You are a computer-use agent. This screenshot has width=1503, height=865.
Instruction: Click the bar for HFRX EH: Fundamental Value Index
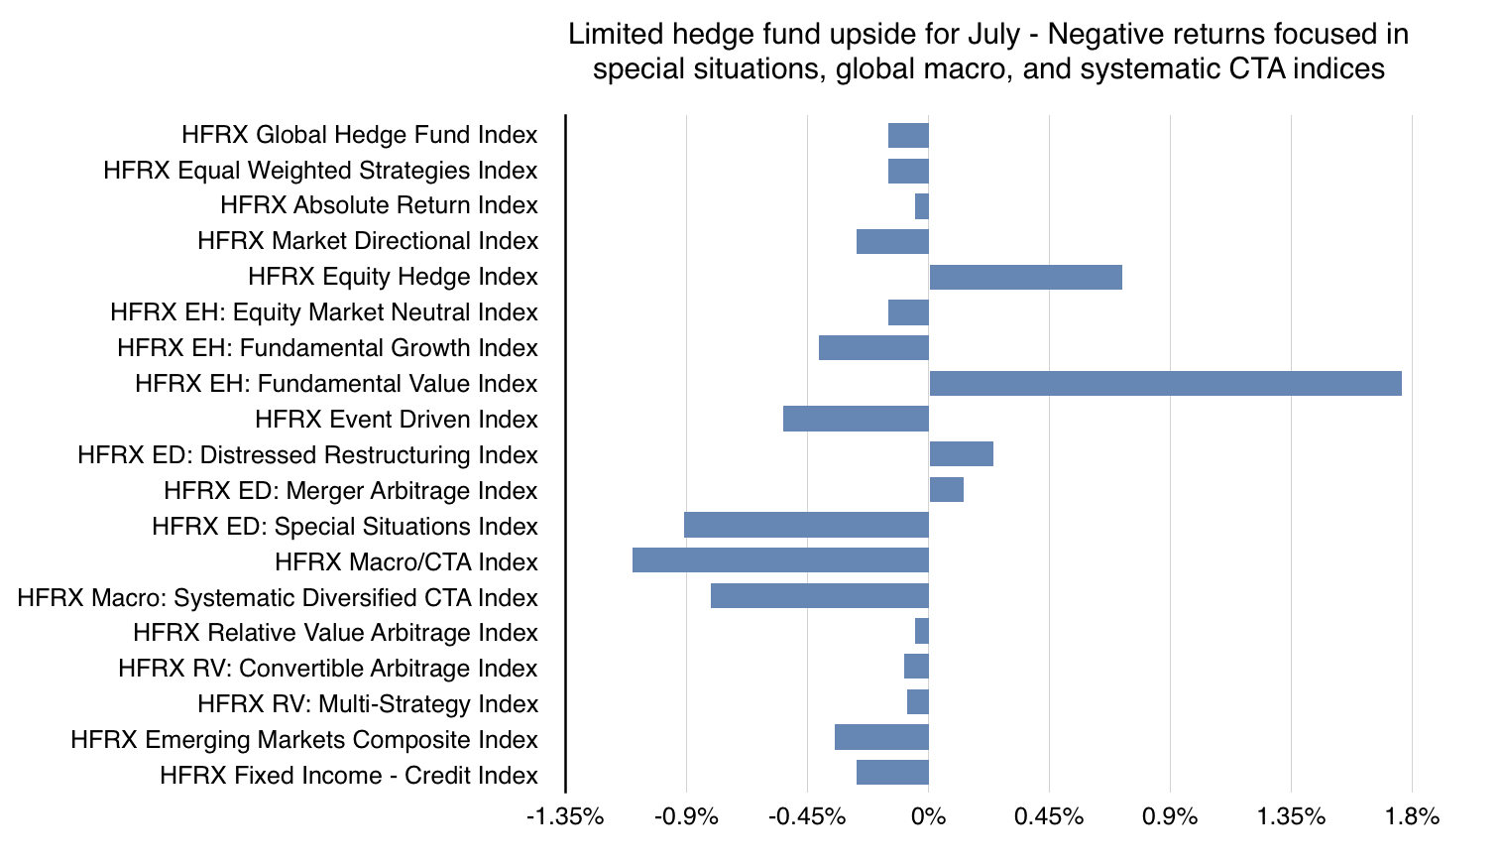tap(1165, 384)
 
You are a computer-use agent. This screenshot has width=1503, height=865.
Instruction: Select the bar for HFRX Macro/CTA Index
tap(780, 560)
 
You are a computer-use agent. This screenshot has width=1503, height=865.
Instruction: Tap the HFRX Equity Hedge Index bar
tap(1025, 277)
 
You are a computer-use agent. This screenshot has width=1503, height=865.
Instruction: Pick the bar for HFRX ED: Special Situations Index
tap(806, 525)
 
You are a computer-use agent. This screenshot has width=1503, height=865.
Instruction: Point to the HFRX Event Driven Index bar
tap(856, 419)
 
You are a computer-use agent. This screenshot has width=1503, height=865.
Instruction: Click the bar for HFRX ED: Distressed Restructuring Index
tap(961, 454)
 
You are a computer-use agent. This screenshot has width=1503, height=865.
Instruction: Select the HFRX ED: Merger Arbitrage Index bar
tap(946, 489)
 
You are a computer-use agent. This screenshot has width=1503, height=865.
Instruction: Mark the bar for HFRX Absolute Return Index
tap(922, 206)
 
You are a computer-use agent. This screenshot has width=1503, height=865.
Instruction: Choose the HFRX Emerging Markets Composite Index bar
tap(881, 738)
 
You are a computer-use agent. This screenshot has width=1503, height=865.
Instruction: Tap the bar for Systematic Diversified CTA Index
tap(819, 596)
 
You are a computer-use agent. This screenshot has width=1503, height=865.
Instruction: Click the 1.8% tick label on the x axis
tap(1412, 817)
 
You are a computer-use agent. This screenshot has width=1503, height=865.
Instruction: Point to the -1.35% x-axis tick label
tap(565, 817)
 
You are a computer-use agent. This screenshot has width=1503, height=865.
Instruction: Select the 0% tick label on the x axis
tap(929, 817)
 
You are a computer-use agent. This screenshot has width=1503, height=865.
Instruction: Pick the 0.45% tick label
tap(1049, 817)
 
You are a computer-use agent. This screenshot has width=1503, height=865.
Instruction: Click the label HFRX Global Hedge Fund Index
tap(359, 135)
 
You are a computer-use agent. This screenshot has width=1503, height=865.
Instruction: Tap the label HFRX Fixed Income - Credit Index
tap(348, 776)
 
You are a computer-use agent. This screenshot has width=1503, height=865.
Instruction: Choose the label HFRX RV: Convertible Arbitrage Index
tap(327, 669)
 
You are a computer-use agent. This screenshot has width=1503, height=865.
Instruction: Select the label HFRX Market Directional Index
tap(367, 241)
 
